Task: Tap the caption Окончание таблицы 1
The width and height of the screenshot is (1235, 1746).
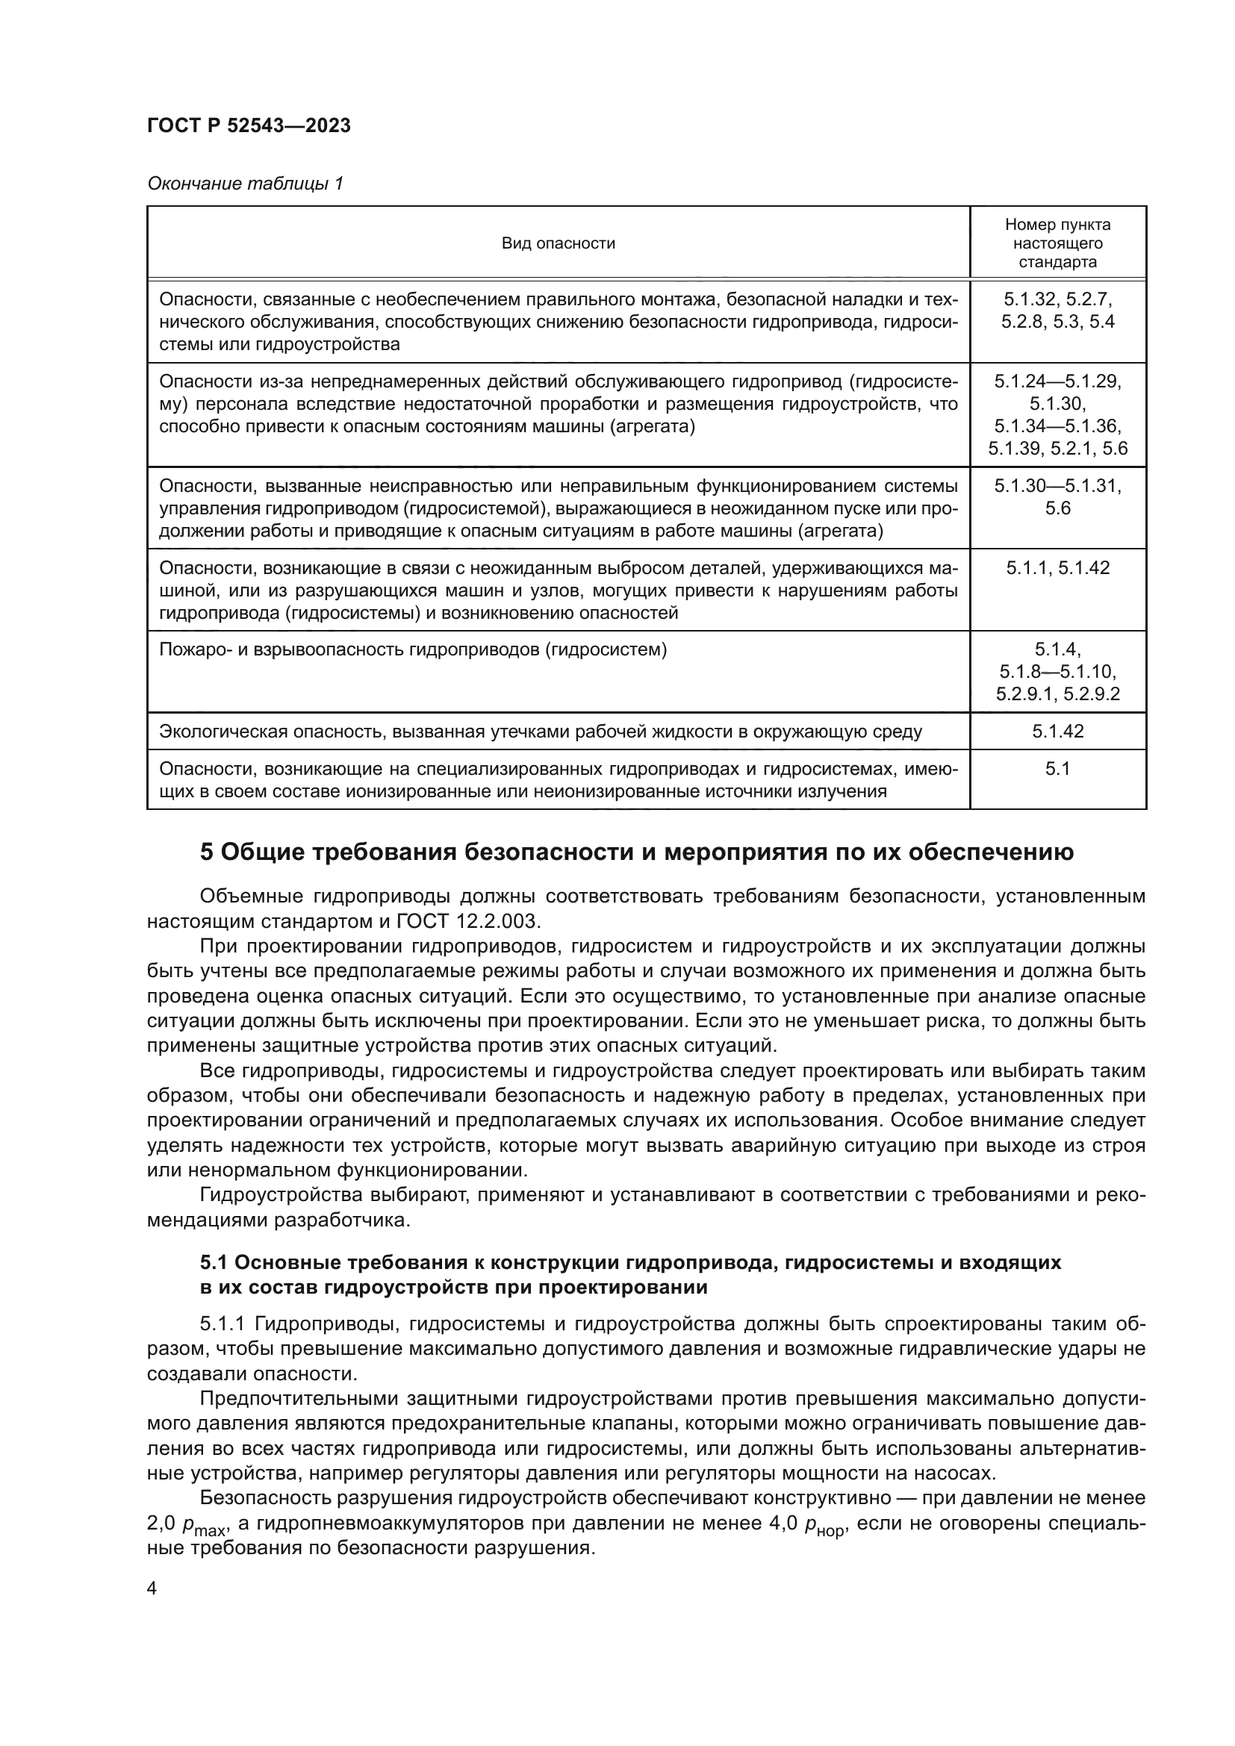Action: [245, 184]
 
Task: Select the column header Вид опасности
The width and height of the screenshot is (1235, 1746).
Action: [559, 243]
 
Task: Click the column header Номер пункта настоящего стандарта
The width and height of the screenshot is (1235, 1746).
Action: [1057, 243]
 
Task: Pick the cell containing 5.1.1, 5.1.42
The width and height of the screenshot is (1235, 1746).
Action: [1057, 568]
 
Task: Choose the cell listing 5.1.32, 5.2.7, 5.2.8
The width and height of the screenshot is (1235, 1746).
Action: [1057, 311]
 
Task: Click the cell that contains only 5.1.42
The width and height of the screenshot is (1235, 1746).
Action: [1057, 732]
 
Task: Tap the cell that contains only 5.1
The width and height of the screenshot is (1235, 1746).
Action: [1057, 769]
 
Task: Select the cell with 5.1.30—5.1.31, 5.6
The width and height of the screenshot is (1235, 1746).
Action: [1057, 496]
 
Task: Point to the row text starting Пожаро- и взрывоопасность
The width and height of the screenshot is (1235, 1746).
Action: [413, 649]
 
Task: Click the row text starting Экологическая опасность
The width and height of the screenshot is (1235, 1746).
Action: [540, 732]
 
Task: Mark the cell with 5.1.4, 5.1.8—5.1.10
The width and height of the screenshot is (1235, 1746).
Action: [1057, 672]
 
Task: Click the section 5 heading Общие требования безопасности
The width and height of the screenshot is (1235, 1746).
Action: [636, 852]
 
